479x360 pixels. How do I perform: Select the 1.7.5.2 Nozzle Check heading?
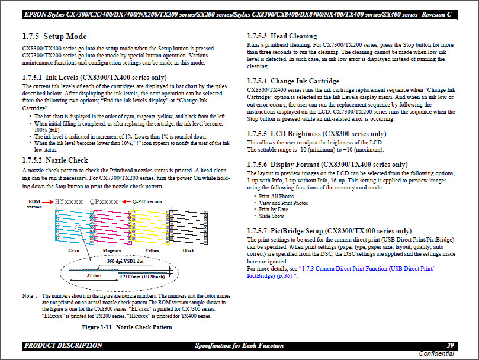54,160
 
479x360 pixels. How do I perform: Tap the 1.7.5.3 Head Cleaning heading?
281,36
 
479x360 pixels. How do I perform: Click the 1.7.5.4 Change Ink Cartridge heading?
292,81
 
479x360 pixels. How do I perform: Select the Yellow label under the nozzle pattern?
152,250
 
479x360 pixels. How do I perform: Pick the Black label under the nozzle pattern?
188,250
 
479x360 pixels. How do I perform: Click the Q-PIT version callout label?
147,201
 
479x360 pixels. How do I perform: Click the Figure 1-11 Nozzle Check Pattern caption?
127,327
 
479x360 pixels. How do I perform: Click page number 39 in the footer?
449,345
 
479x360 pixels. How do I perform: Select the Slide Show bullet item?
272,216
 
